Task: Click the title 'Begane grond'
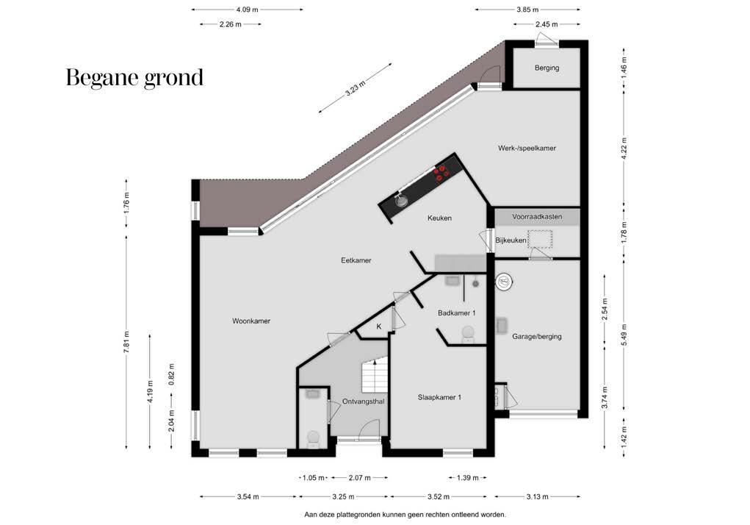pyautogui.click(x=134, y=78)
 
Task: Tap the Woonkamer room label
pyautogui.click(x=251, y=321)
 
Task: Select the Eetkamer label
pyautogui.click(x=356, y=260)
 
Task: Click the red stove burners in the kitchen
pyautogui.click(x=441, y=173)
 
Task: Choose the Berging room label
pyautogui.click(x=547, y=68)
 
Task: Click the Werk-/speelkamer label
pyautogui.click(x=527, y=149)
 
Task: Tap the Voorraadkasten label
pyautogui.click(x=537, y=217)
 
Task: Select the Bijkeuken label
pyautogui.click(x=511, y=240)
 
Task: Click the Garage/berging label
pyautogui.click(x=537, y=337)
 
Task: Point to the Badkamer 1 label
pyautogui.click(x=456, y=313)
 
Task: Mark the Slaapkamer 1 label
pyautogui.click(x=439, y=397)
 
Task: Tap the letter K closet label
pyautogui.click(x=379, y=327)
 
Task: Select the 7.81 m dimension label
pyautogui.click(x=126, y=342)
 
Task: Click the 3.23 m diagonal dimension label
pyautogui.click(x=356, y=88)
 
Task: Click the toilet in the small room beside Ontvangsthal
pyautogui.click(x=314, y=439)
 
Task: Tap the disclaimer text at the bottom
pyautogui.click(x=405, y=515)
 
